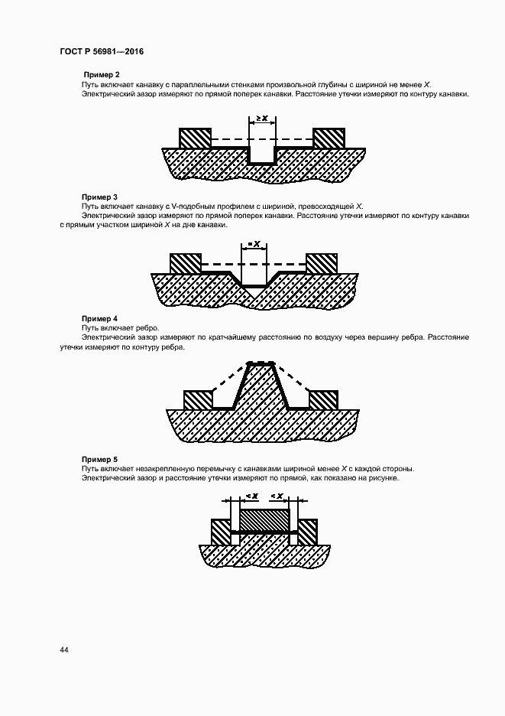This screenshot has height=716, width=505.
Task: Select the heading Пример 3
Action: tap(99, 197)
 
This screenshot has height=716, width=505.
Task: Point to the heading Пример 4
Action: tap(99, 317)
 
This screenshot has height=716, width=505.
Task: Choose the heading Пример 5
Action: tap(99, 457)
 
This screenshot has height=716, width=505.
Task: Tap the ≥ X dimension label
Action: tap(262, 119)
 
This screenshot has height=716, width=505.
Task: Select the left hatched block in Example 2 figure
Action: tap(194, 138)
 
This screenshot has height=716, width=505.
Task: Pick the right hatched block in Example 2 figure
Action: tap(329, 138)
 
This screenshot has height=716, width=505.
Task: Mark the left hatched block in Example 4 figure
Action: tap(197, 400)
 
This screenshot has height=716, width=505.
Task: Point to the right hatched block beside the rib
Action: tap(322, 400)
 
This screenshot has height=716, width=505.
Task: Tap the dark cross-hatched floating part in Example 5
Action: tap(265, 521)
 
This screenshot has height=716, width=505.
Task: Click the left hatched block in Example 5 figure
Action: tap(221, 532)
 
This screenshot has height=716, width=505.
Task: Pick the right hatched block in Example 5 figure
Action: tap(308, 532)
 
